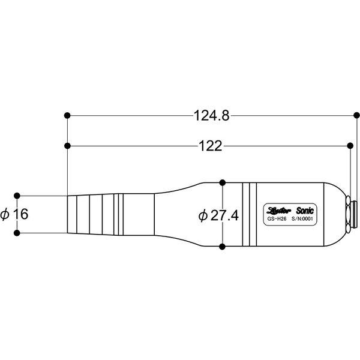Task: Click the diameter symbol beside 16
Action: [5, 214]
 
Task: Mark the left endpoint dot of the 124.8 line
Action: [67, 114]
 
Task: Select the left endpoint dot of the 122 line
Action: [67, 145]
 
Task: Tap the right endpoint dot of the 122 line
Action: [350, 145]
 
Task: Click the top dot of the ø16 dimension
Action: [17, 195]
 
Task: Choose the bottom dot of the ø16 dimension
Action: [17, 233]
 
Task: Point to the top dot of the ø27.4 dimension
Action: [223, 181]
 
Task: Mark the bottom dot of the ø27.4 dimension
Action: [223, 247]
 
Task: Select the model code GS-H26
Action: [277, 220]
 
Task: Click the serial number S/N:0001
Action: [302, 220]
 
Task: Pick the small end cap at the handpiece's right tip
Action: [355, 214]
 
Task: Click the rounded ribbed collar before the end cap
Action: [348, 214]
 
